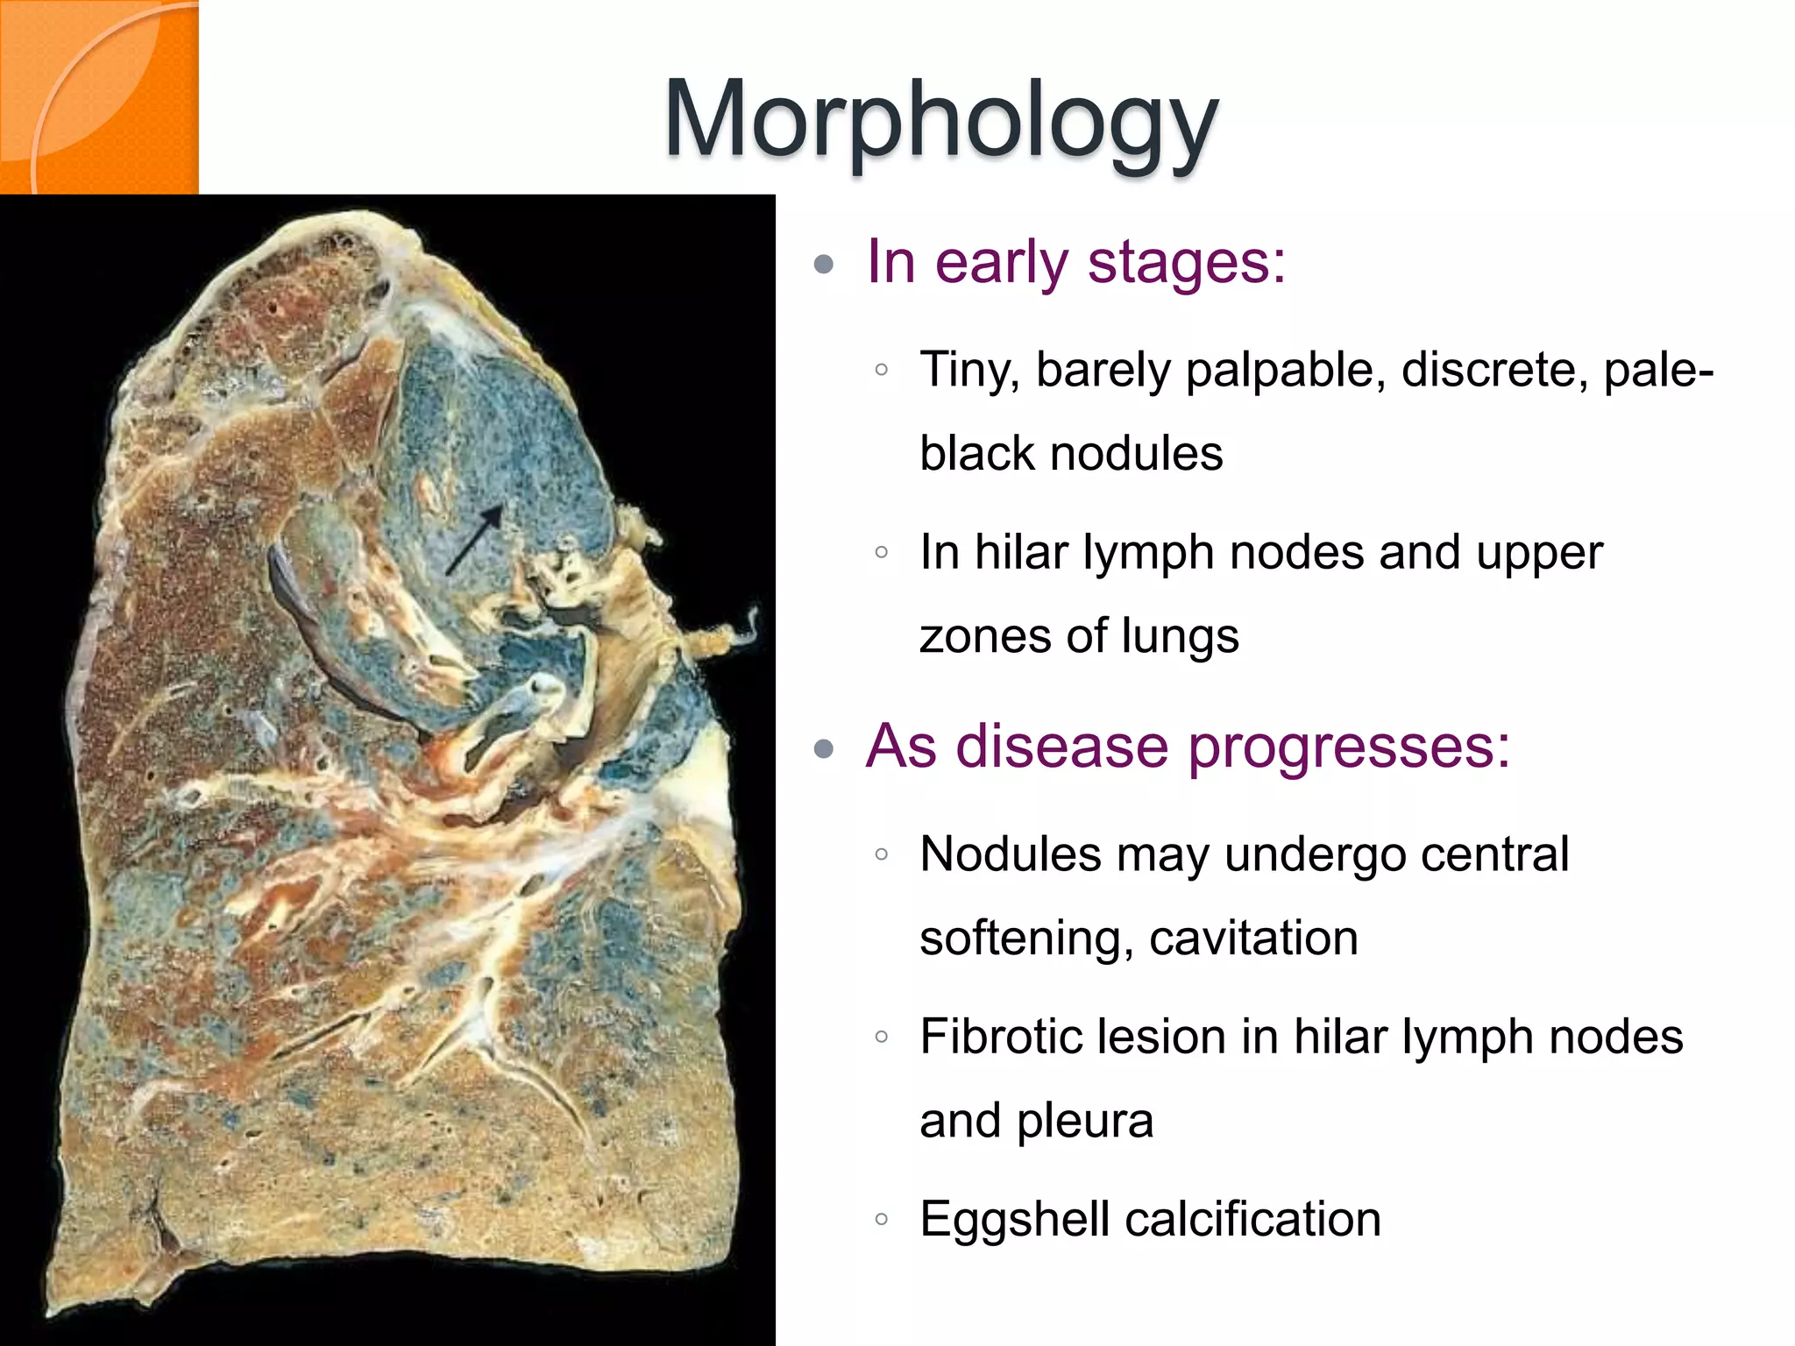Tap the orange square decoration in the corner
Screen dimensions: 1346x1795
pyautogui.click(x=98, y=96)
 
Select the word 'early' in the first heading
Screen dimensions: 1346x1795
pyautogui.click(x=1001, y=262)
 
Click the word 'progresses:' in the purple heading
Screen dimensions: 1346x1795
pyautogui.click(x=1350, y=747)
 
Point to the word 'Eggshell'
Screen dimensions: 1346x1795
pyautogui.click(x=1014, y=1219)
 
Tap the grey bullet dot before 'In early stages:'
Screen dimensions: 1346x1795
pyautogui.click(x=823, y=264)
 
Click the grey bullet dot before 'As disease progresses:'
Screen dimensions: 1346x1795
pyautogui.click(x=823, y=749)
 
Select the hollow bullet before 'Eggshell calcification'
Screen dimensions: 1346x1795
pyautogui.click(x=882, y=1219)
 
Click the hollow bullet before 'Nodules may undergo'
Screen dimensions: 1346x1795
pyautogui.click(x=882, y=854)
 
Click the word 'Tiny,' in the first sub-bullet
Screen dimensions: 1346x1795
pyautogui.click(x=970, y=370)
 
